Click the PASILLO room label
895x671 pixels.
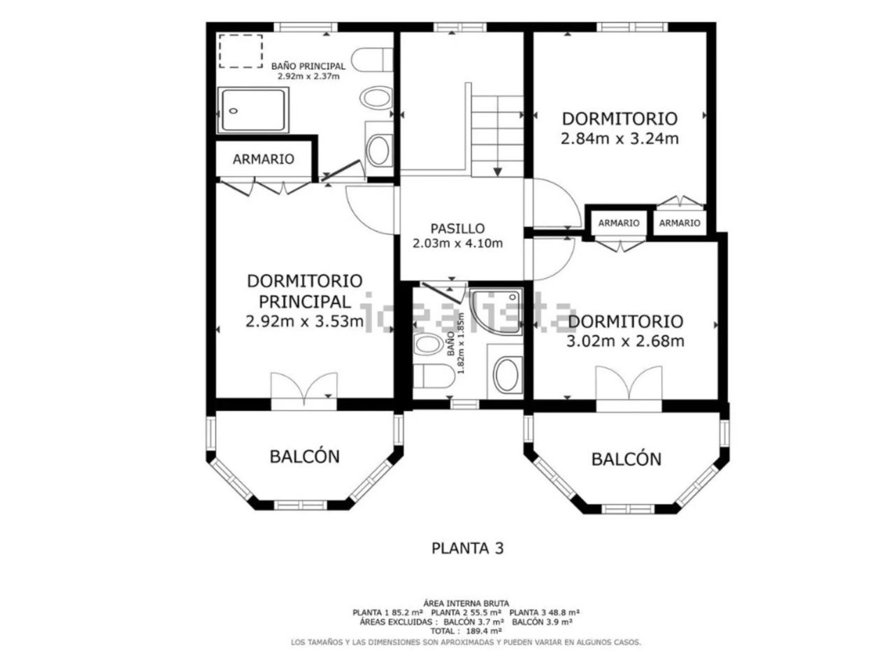tap(457, 229)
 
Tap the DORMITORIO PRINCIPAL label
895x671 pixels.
tap(305, 291)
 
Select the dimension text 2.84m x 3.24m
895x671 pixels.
tap(620, 139)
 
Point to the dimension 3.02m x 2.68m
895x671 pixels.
tap(625, 341)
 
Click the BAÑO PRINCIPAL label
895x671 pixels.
tap(308, 66)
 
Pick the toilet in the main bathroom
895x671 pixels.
tap(372, 59)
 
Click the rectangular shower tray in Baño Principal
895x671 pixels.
tap(253, 110)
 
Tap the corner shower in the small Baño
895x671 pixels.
tap(496, 312)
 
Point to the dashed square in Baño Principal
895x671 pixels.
tap(241, 51)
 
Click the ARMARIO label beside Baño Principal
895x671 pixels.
tap(264, 159)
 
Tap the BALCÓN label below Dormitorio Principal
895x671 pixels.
tap(305, 456)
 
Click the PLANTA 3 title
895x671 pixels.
tap(468, 549)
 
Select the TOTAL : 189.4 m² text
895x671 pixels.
tap(466, 631)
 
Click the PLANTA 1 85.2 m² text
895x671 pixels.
tap(388, 612)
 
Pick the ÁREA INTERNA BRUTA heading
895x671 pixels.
tap(466, 603)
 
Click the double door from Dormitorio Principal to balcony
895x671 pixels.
tap(304, 387)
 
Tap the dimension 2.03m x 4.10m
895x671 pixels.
tap(457, 244)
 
